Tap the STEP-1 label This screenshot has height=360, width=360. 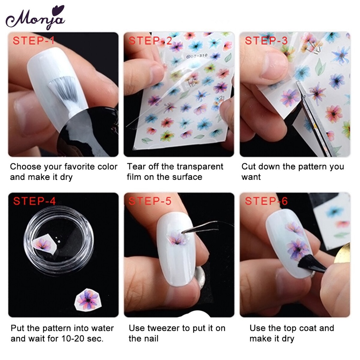[34, 40]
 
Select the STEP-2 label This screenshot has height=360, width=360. [150, 40]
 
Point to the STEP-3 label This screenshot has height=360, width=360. [266, 40]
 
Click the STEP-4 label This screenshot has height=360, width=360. [34, 201]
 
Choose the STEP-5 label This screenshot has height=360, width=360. [150, 201]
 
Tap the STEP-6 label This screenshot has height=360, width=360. [266, 201]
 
